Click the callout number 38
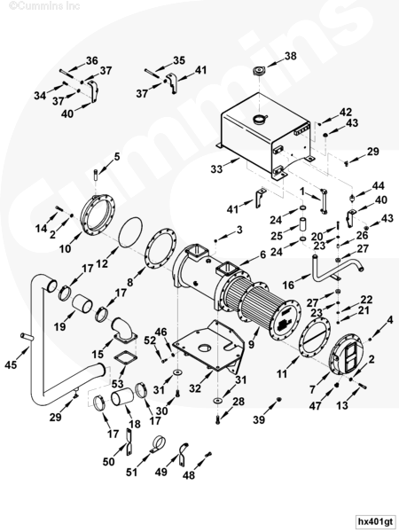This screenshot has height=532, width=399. coord(290,56)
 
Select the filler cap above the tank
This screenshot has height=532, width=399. coord(260,72)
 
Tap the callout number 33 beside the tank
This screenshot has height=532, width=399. coord(216,168)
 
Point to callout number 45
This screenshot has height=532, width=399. coord(11,364)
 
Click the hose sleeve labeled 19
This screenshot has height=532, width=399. coord(82,303)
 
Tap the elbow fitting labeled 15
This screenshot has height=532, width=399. coord(122,331)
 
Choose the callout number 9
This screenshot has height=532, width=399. coord(251,345)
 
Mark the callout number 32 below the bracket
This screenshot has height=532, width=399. coord(195,387)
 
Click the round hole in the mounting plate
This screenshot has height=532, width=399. coord(205,348)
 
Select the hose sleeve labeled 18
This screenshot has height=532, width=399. coord(121,397)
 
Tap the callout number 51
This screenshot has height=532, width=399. coord(131,472)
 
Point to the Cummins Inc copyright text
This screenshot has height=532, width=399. coord(44,6)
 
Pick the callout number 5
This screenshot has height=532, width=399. coord(117,157)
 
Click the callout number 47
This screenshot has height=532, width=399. coord(315,405)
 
